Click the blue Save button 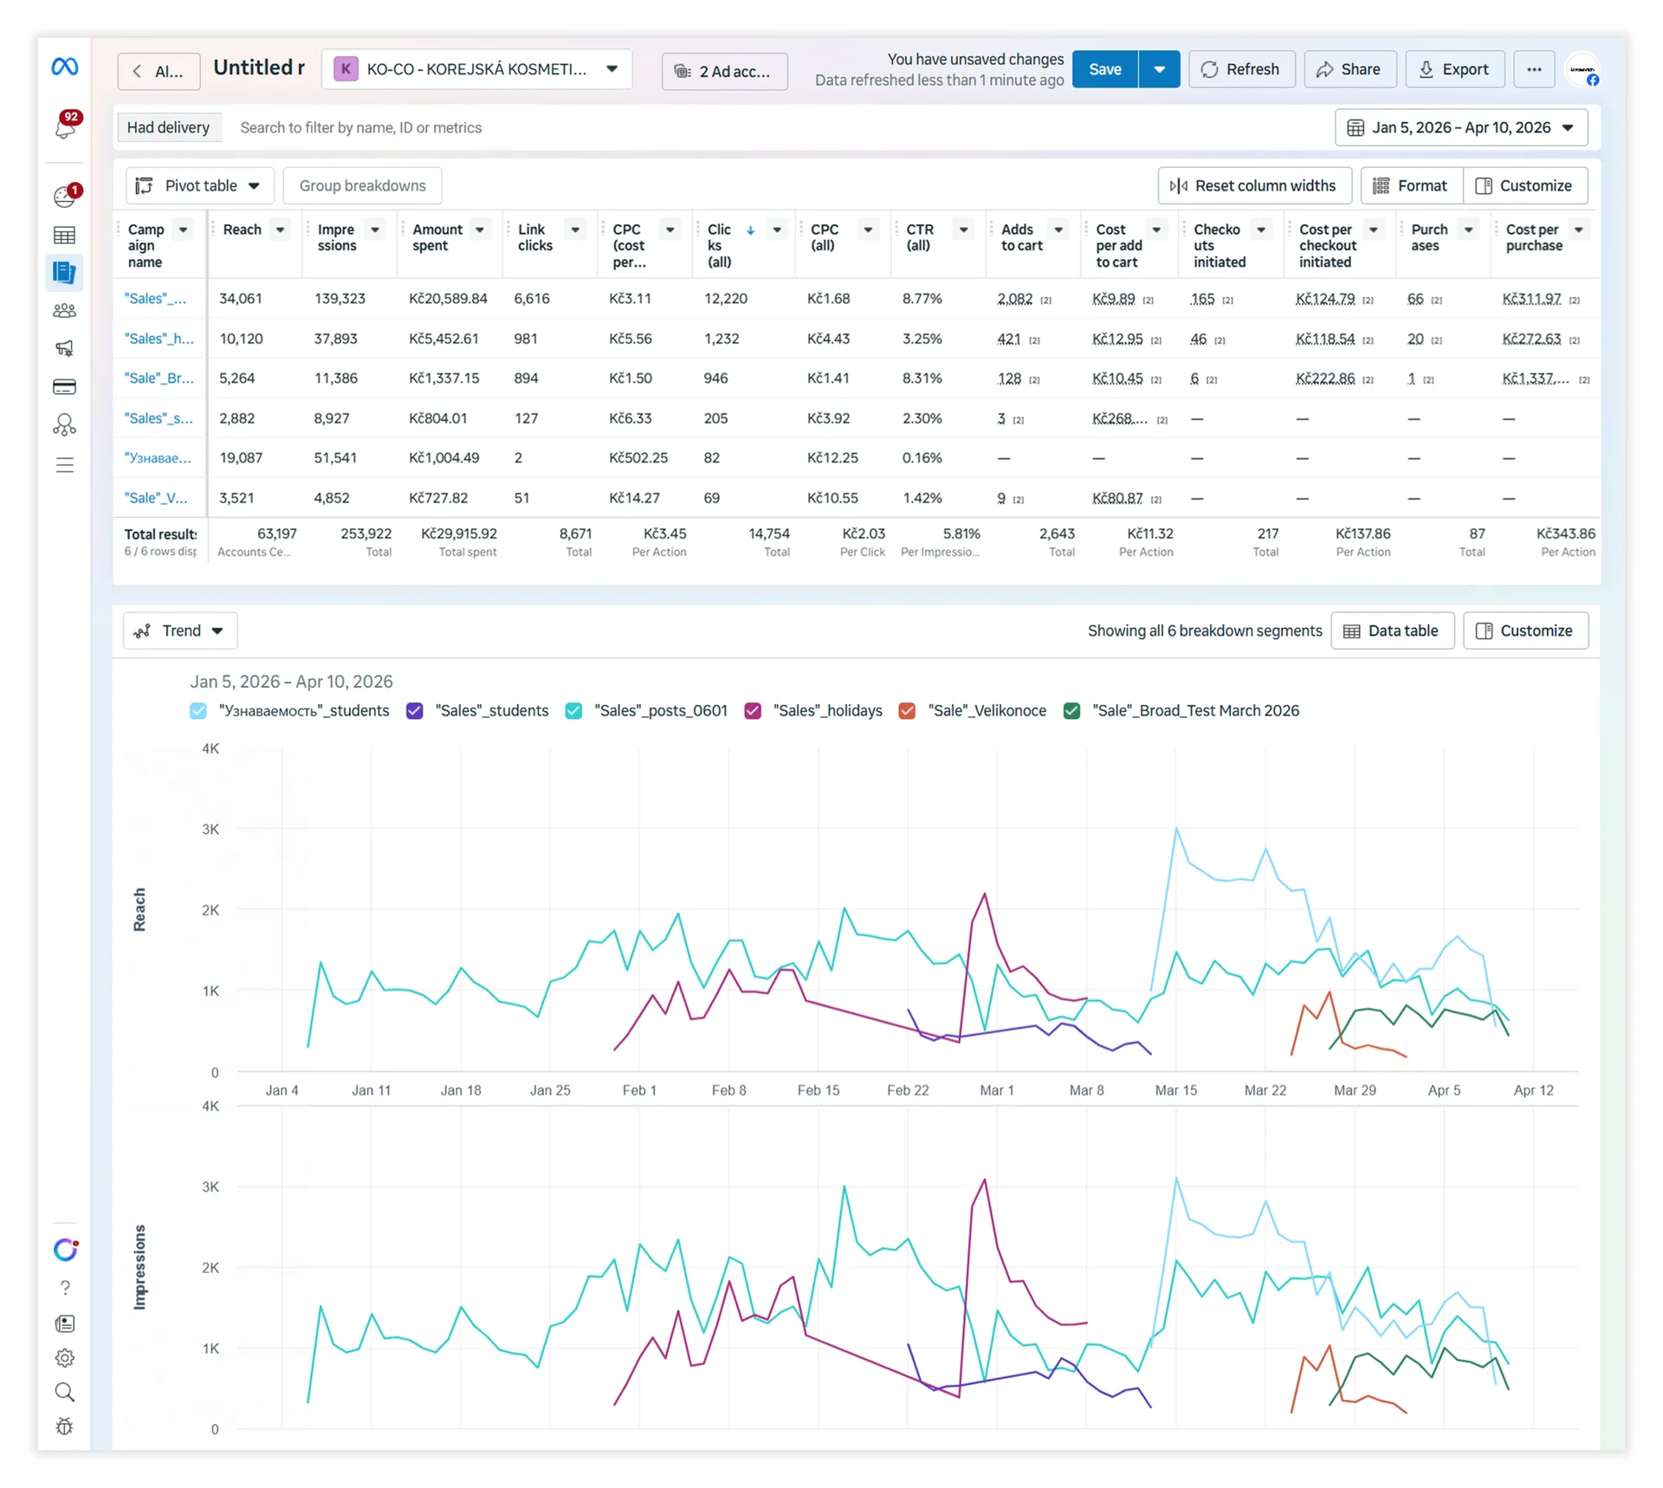click(1104, 69)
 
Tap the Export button click(1454, 69)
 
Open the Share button click(1349, 69)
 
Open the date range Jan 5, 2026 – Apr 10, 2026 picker click(1461, 127)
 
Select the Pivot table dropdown click(199, 185)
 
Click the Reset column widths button click(1253, 185)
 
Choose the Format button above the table click(1411, 185)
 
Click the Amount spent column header click(437, 237)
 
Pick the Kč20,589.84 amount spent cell click(448, 298)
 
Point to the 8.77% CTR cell click(922, 298)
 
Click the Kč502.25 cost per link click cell click(638, 457)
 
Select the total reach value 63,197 click(277, 534)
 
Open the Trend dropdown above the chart click(180, 631)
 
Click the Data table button click(1392, 631)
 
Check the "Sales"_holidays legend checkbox click(753, 711)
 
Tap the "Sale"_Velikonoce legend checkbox click(907, 711)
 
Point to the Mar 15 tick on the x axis click(1175, 1090)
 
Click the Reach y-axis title click(139, 909)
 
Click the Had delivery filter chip click(168, 127)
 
